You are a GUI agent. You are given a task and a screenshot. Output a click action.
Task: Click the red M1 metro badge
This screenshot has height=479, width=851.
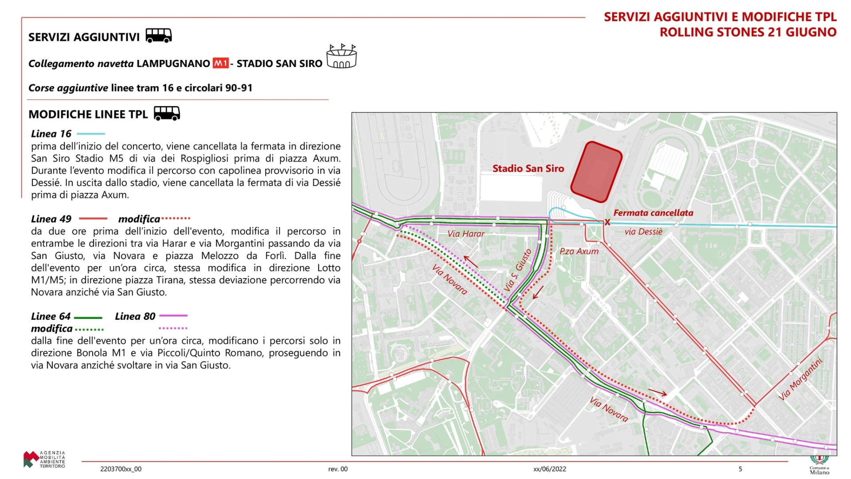click(x=220, y=63)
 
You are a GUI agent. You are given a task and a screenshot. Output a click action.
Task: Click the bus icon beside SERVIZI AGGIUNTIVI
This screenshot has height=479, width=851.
click(x=159, y=35)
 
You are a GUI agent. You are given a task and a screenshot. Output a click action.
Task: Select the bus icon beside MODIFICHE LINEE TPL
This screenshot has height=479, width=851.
click(x=167, y=114)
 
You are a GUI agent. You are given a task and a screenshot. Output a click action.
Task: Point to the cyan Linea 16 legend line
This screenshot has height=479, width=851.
click(x=91, y=133)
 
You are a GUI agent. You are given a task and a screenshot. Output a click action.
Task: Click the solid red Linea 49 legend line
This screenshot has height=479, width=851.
click(x=93, y=219)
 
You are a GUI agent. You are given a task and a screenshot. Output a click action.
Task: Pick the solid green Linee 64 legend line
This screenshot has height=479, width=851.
click(x=88, y=318)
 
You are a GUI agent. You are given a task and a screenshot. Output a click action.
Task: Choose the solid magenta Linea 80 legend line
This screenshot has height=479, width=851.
click(x=173, y=316)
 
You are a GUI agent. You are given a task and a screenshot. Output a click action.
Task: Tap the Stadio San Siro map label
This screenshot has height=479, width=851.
click(x=528, y=169)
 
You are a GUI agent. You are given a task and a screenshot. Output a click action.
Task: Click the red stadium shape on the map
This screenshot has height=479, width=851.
click(x=596, y=172)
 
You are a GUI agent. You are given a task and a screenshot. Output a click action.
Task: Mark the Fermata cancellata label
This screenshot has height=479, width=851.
click(x=653, y=213)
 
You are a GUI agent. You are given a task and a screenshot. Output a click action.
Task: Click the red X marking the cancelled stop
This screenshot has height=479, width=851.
click(x=607, y=222)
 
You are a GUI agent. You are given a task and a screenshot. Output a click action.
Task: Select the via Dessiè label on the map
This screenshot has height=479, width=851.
click(x=643, y=232)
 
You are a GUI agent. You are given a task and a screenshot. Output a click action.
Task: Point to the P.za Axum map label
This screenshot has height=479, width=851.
click(x=578, y=251)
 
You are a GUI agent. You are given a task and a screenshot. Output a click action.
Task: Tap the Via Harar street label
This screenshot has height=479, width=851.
click(x=466, y=234)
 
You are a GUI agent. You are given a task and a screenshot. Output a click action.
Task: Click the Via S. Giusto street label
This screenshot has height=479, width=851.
click(x=518, y=270)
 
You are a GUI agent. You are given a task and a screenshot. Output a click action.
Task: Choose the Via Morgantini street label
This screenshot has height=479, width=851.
click(x=800, y=379)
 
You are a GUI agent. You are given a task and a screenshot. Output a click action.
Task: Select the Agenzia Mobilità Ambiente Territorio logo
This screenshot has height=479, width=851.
click(x=44, y=459)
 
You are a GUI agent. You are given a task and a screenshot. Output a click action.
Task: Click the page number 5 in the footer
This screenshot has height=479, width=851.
click(x=740, y=469)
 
